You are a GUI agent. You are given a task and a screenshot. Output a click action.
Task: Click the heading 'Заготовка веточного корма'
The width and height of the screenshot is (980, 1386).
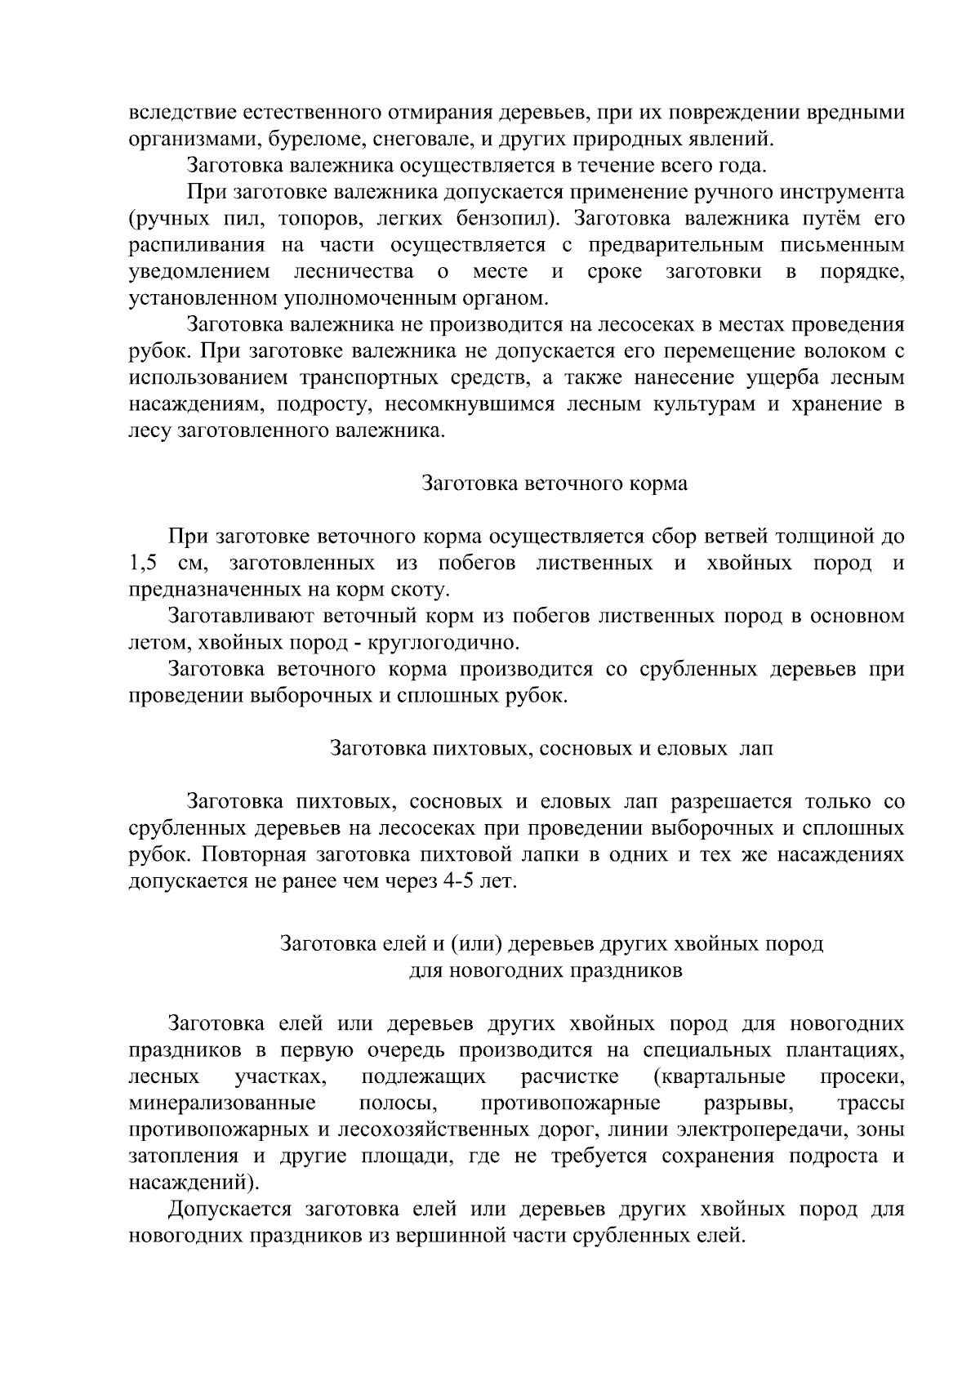coord(555,484)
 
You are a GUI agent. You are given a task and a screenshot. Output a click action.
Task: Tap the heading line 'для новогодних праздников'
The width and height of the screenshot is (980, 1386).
coord(545,971)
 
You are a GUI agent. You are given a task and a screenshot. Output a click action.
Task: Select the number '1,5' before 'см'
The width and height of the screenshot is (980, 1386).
coord(144,564)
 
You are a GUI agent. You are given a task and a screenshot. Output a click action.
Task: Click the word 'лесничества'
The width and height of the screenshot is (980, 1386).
coord(353,272)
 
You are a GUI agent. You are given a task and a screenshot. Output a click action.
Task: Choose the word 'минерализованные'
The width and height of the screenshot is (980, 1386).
coord(223,1104)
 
